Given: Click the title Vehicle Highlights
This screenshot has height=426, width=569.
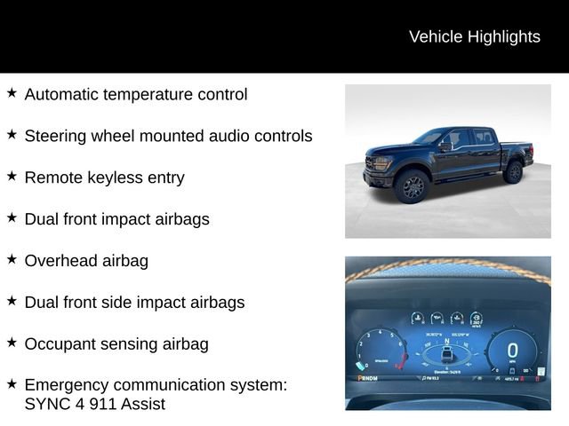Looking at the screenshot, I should [474, 36].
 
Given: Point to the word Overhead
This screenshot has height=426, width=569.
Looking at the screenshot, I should [61, 261].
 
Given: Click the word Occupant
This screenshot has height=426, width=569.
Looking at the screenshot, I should [60, 344].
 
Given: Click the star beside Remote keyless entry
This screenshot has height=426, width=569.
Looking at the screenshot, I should [12, 176].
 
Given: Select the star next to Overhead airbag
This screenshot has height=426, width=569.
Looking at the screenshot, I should [12, 259].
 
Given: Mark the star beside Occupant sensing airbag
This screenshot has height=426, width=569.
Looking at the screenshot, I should [12, 343].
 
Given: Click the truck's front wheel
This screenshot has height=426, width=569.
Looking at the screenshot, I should [413, 187].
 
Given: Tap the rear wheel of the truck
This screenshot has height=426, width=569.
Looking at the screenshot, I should [513, 172].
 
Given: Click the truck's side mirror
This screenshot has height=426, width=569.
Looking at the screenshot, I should [445, 146].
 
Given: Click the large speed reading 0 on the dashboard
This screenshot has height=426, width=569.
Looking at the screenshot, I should [512, 351].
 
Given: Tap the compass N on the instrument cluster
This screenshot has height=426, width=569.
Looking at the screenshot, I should [448, 341].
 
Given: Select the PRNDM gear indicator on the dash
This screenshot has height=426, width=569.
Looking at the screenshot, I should [367, 378].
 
